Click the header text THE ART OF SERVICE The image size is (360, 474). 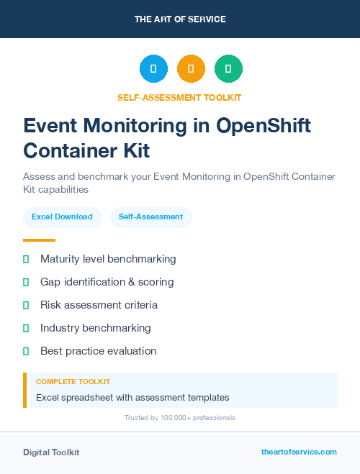[180, 19]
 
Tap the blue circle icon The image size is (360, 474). [153, 69]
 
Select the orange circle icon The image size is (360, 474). [191, 69]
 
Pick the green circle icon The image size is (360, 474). [228, 69]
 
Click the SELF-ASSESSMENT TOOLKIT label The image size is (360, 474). [179, 97]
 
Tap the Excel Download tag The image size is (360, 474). [62, 217]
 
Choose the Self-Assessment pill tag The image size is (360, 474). [150, 217]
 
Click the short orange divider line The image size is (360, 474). [39, 240]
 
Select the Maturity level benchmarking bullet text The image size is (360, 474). [108, 259]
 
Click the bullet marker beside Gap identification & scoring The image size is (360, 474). [26, 282]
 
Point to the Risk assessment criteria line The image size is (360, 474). [99, 305]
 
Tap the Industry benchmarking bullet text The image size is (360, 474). [95, 328]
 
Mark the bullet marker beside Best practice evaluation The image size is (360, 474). [26, 351]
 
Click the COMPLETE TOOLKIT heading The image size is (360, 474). [73, 381]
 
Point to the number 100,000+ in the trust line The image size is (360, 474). [168, 418]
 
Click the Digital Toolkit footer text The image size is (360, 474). [51, 452]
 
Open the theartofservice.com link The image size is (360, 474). [299, 452]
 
